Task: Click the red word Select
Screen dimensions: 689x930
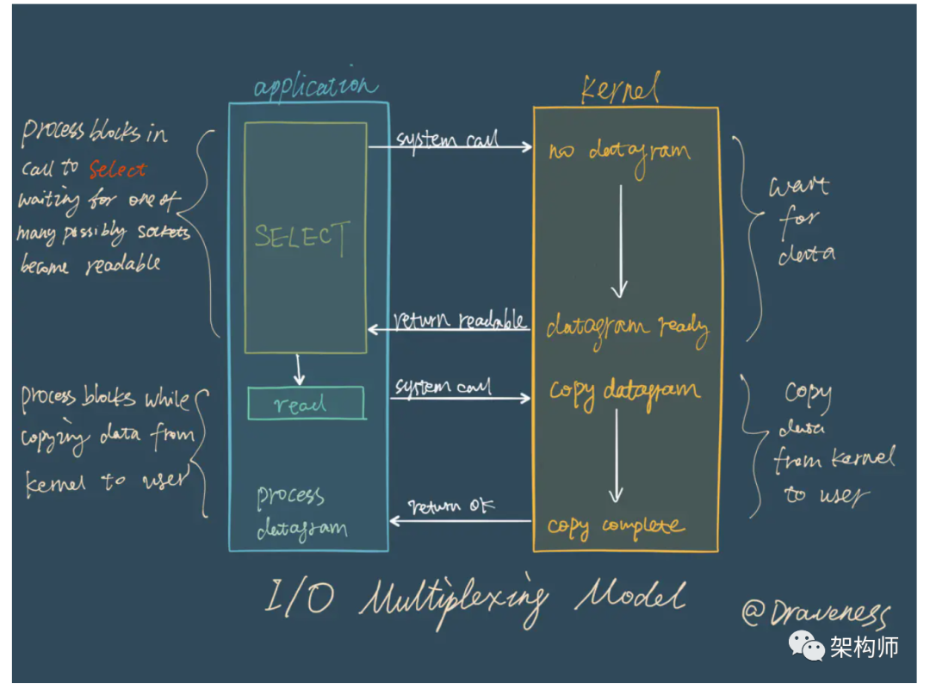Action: pos(118,170)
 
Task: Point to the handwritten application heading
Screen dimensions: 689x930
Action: pos(315,87)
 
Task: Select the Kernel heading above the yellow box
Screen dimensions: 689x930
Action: pos(620,89)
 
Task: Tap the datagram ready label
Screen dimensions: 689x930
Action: pos(627,328)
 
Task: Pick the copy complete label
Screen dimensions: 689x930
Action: pos(616,525)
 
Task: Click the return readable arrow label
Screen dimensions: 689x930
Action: pos(460,321)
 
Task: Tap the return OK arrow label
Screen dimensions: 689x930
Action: pos(451,506)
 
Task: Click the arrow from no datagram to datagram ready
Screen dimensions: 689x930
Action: pos(619,241)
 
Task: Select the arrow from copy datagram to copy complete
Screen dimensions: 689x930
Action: pos(616,456)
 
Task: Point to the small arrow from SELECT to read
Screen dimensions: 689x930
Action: pos(298,369)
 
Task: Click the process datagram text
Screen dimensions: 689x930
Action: pos(301,513)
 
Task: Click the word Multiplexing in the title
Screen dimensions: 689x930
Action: pos(453,599)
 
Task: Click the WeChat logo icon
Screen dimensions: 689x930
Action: pos(808,645)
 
